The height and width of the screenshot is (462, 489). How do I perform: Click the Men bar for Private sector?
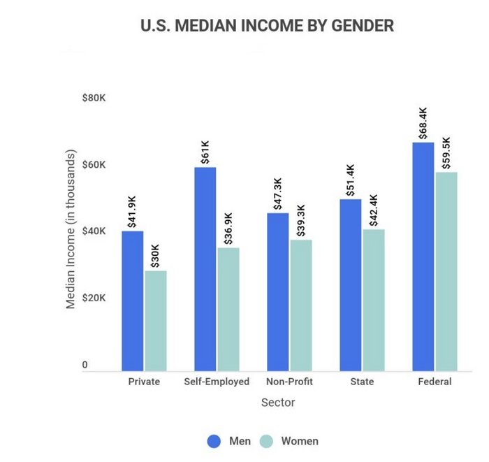coord(133,301)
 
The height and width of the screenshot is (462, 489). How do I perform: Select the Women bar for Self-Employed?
coord(228,309)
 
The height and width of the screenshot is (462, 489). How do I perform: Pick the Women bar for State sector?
coord(373,300)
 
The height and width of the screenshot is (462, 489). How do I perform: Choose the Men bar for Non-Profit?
coord(278,291)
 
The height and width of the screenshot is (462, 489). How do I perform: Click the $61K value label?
coord(205,152)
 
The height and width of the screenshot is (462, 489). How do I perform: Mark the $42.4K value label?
coord(373,210)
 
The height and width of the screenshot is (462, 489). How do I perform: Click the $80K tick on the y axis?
coord(94,99)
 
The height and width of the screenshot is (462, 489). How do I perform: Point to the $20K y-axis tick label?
coord(94,298)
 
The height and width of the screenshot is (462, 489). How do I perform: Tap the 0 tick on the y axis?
coord(85,365)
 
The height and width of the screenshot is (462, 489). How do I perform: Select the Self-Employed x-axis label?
coord(217,382)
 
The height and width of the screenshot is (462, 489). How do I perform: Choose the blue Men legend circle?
coord(214,441)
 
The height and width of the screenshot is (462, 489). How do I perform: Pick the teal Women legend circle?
coord(266,441)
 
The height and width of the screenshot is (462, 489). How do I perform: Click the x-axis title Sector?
coord(278,403)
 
